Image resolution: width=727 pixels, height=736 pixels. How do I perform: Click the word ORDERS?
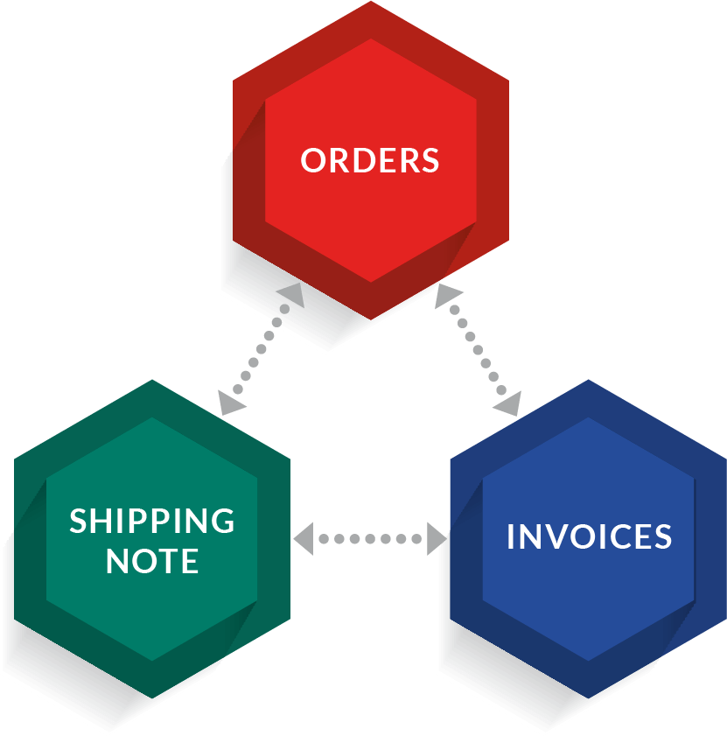(370, 161)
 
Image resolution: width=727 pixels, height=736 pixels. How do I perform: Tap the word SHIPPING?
(152, 521)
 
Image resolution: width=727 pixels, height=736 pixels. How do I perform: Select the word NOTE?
(152, 562)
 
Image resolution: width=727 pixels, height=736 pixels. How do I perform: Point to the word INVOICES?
(589, 536)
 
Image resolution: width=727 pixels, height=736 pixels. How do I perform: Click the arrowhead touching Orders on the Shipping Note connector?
(291, 296)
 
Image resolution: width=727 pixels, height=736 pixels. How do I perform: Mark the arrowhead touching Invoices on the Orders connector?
(507, 403)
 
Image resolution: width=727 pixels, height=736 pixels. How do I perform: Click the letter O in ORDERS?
(313, 161)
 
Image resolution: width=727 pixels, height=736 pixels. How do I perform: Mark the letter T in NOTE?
(168, 562)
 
